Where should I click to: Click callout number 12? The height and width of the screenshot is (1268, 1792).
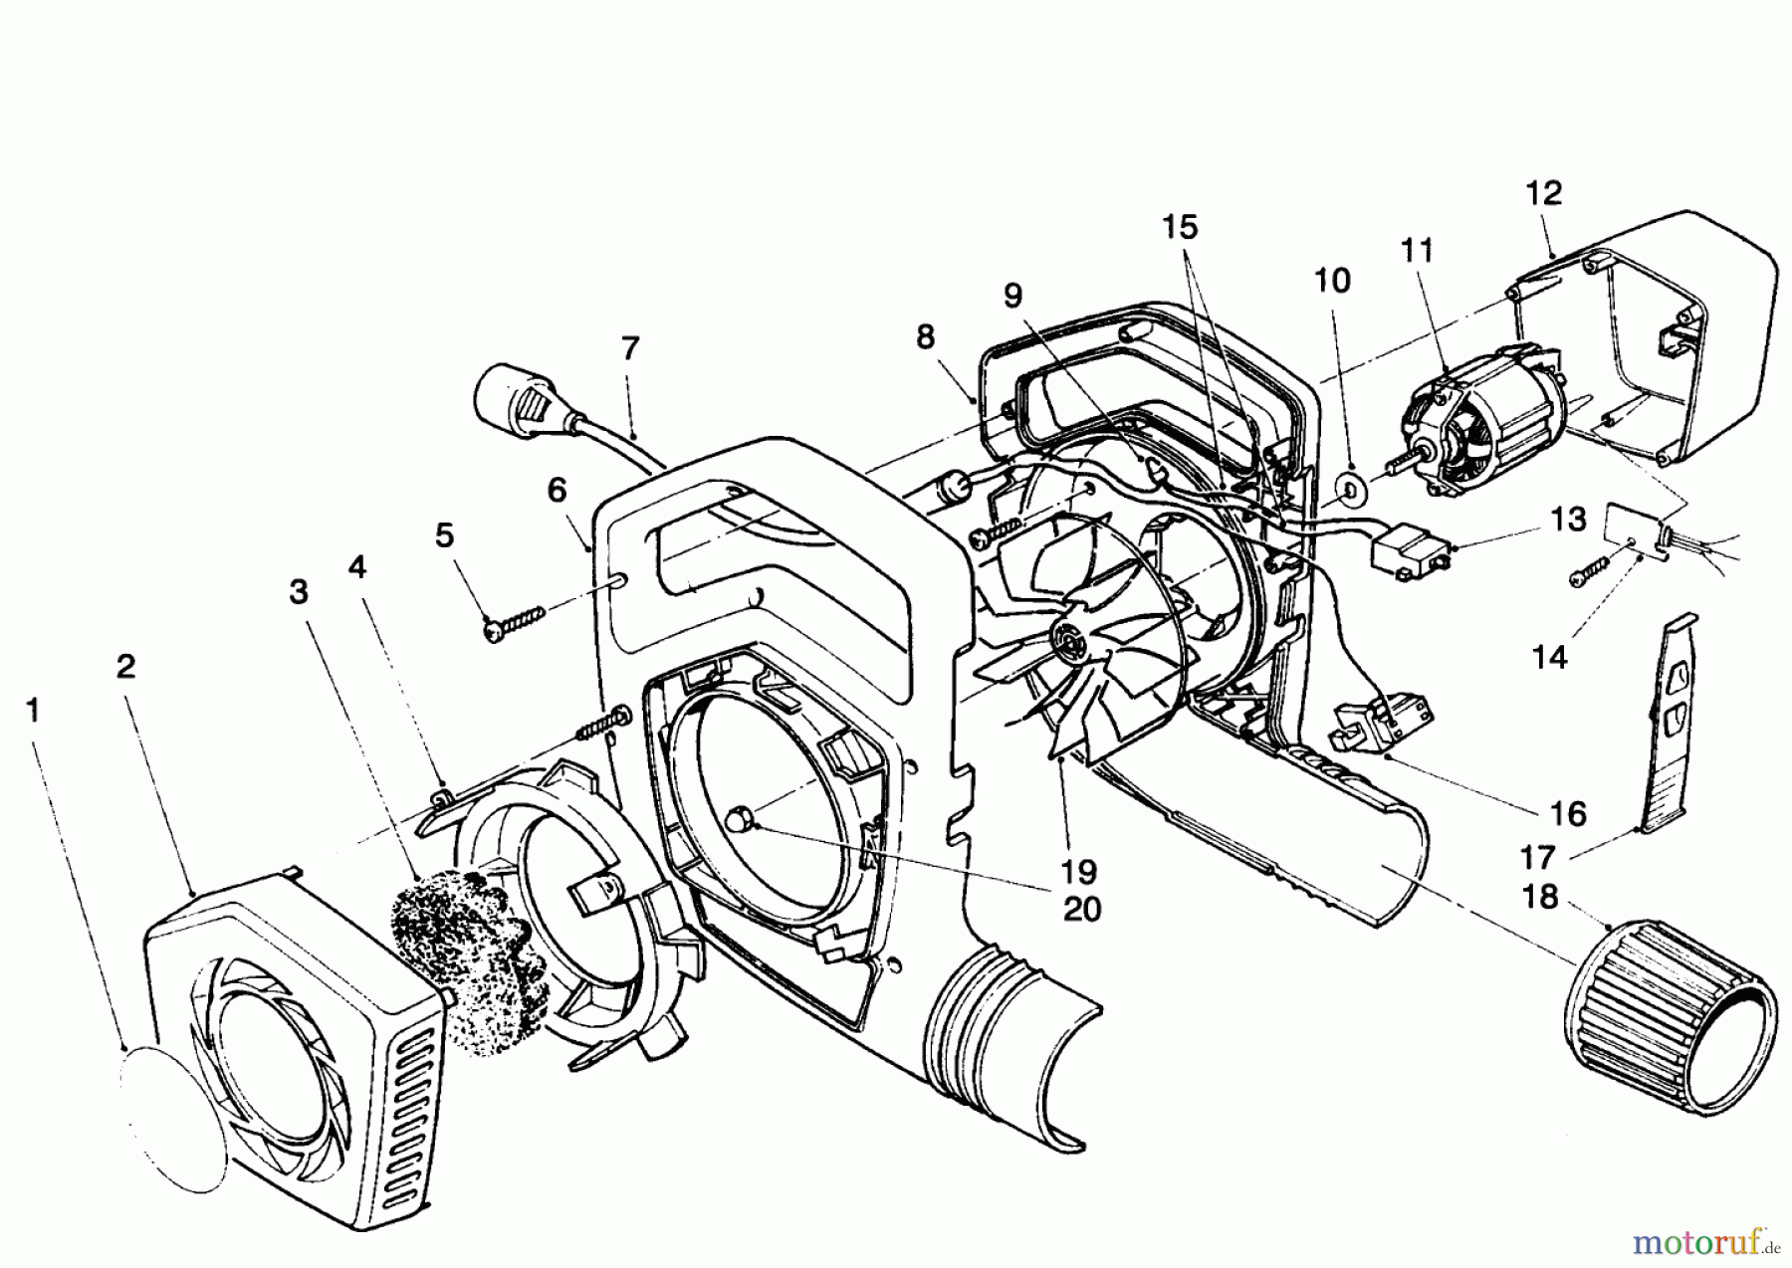point(1543,193)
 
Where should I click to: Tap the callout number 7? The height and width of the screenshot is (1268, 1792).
point(629,349)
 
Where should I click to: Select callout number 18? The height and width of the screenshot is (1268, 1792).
point(1540,897)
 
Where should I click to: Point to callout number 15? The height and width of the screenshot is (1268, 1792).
point(1180,227)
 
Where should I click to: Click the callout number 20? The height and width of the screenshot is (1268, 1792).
point(1082,910)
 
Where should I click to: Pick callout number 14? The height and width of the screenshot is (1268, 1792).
point(1550,656)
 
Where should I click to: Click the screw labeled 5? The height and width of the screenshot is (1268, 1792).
point(515,625)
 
